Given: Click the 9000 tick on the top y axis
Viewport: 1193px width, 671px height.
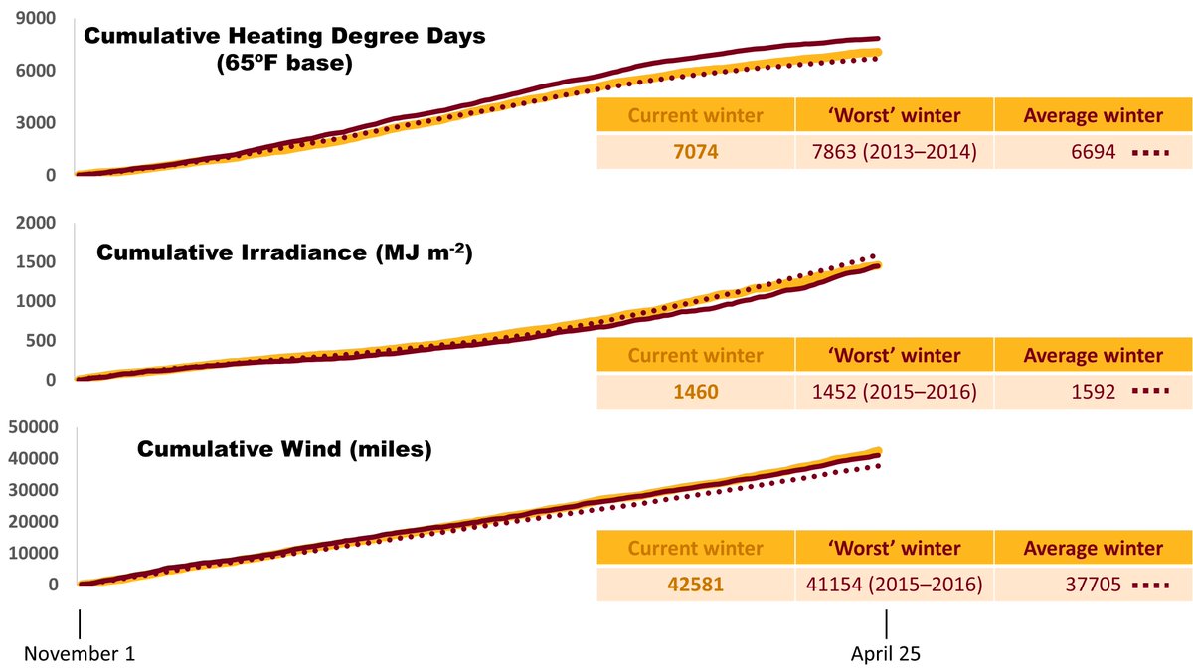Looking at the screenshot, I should pos(35,18).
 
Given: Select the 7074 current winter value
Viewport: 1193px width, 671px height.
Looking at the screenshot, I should pos(695,152).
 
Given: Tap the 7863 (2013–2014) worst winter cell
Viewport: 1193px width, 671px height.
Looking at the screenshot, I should pos(894,152).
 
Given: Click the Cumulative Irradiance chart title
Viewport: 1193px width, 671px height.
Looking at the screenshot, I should pos(283,252).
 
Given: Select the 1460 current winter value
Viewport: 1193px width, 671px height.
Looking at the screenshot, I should pos(695,392).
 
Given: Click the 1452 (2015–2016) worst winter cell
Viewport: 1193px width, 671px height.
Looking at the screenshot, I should pos(894,392).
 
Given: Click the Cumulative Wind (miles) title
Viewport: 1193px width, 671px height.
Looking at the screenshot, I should pos(284,449).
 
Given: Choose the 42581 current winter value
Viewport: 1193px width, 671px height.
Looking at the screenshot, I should pos(695,585).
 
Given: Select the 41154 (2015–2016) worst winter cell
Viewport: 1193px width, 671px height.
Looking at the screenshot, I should pos(894,585).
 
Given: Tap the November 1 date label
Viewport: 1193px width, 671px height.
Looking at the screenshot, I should pos(79,654).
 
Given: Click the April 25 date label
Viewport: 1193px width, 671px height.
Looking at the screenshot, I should pos(887,654).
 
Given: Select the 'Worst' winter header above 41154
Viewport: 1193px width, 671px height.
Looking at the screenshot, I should pos(894,548).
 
